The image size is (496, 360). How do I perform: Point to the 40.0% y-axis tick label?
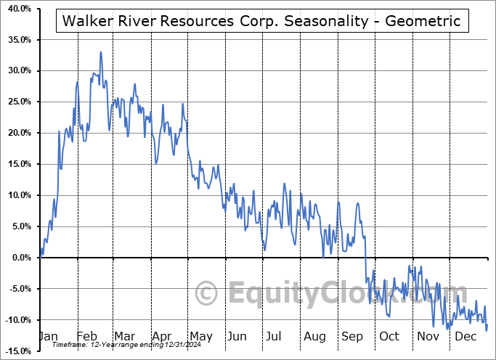(17, 8)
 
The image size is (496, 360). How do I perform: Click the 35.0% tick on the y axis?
(17, 39)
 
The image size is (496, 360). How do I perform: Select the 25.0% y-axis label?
(17, 102)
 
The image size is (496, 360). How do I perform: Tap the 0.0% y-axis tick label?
(20, 258)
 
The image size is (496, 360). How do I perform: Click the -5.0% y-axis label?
(17, 289)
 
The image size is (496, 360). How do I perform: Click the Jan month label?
(48, 337)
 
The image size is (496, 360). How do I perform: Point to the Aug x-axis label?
(315, 337)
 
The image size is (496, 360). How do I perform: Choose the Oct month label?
(390, 337)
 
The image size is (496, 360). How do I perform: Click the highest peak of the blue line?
(101, 52)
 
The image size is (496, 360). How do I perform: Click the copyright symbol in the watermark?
(207, 294)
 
